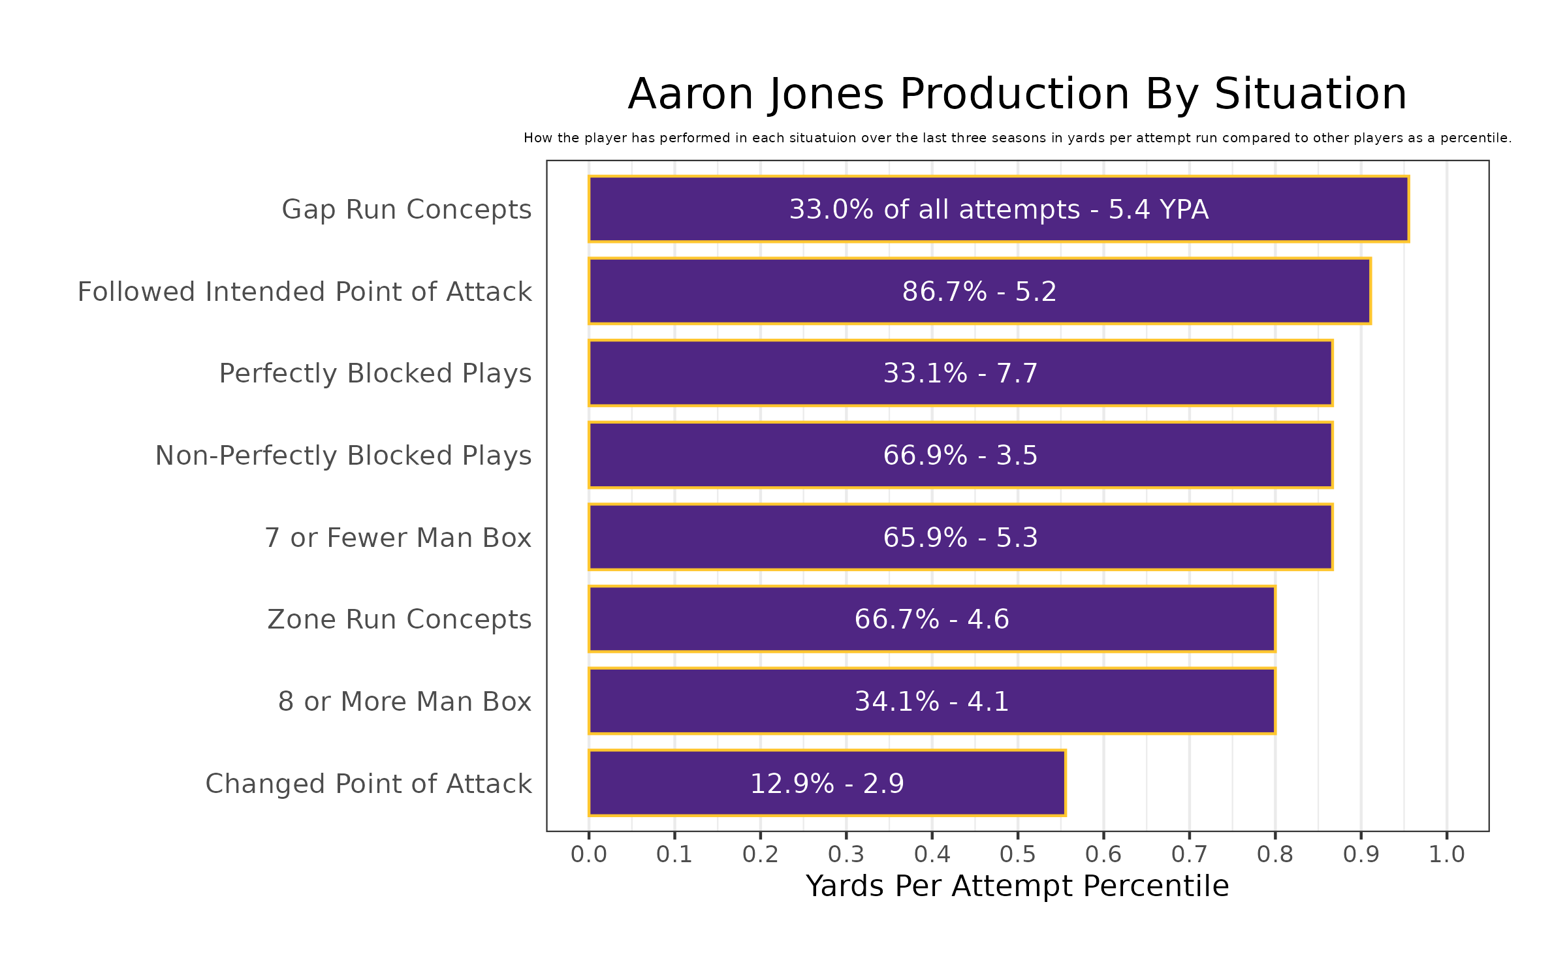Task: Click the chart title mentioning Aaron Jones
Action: pos(1017,95)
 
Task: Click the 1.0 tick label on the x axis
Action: pos(1447,854)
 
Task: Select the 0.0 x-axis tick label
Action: pos(589,854)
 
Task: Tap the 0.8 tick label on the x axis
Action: pos(1275,854)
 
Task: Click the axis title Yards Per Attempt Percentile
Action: pos(1017,886)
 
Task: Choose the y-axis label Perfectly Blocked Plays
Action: pos(375,373)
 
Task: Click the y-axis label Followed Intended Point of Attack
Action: pos(304,292)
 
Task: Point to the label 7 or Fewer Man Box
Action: pos(398,538)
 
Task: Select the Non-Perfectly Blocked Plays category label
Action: pos(343,456)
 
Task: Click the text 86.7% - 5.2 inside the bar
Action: pos(979,292)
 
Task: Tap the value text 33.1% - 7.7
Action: pos(960,373)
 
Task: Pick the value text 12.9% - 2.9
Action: pos(827,784)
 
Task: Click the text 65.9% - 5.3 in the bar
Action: pos(960,538)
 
